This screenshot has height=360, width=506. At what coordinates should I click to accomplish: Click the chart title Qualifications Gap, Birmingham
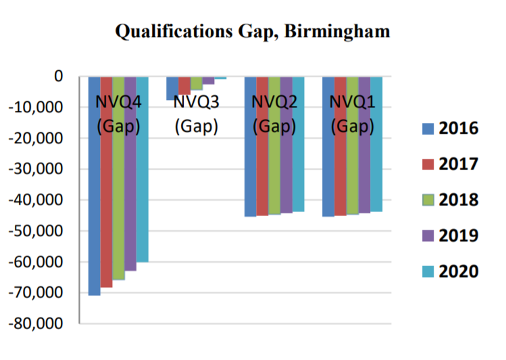253,31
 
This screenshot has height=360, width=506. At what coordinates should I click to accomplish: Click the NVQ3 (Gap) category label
196,114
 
